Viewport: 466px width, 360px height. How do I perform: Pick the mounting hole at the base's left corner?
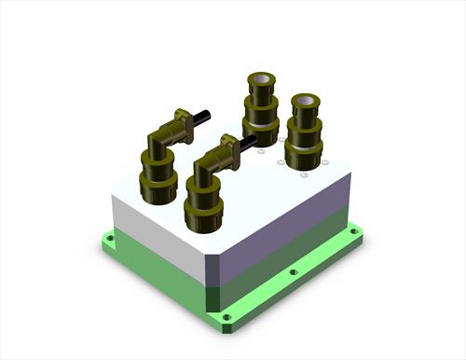point(110,239)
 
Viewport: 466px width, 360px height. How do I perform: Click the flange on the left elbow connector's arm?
point(185,120)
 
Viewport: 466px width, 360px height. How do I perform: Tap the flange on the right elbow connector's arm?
point(230,147)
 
